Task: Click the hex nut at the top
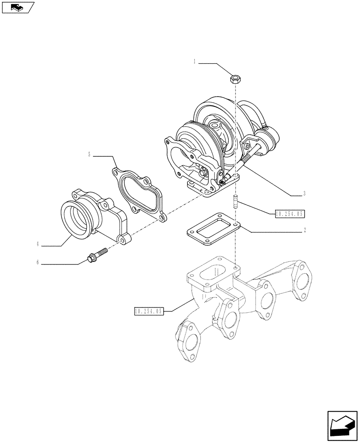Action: click(235, 80)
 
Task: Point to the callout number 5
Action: click(90, 155)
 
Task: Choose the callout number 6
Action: click(38, 262)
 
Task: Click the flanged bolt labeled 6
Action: click(96, 255)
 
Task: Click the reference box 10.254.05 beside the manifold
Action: click(149, 311)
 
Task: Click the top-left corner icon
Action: click(18, 7)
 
